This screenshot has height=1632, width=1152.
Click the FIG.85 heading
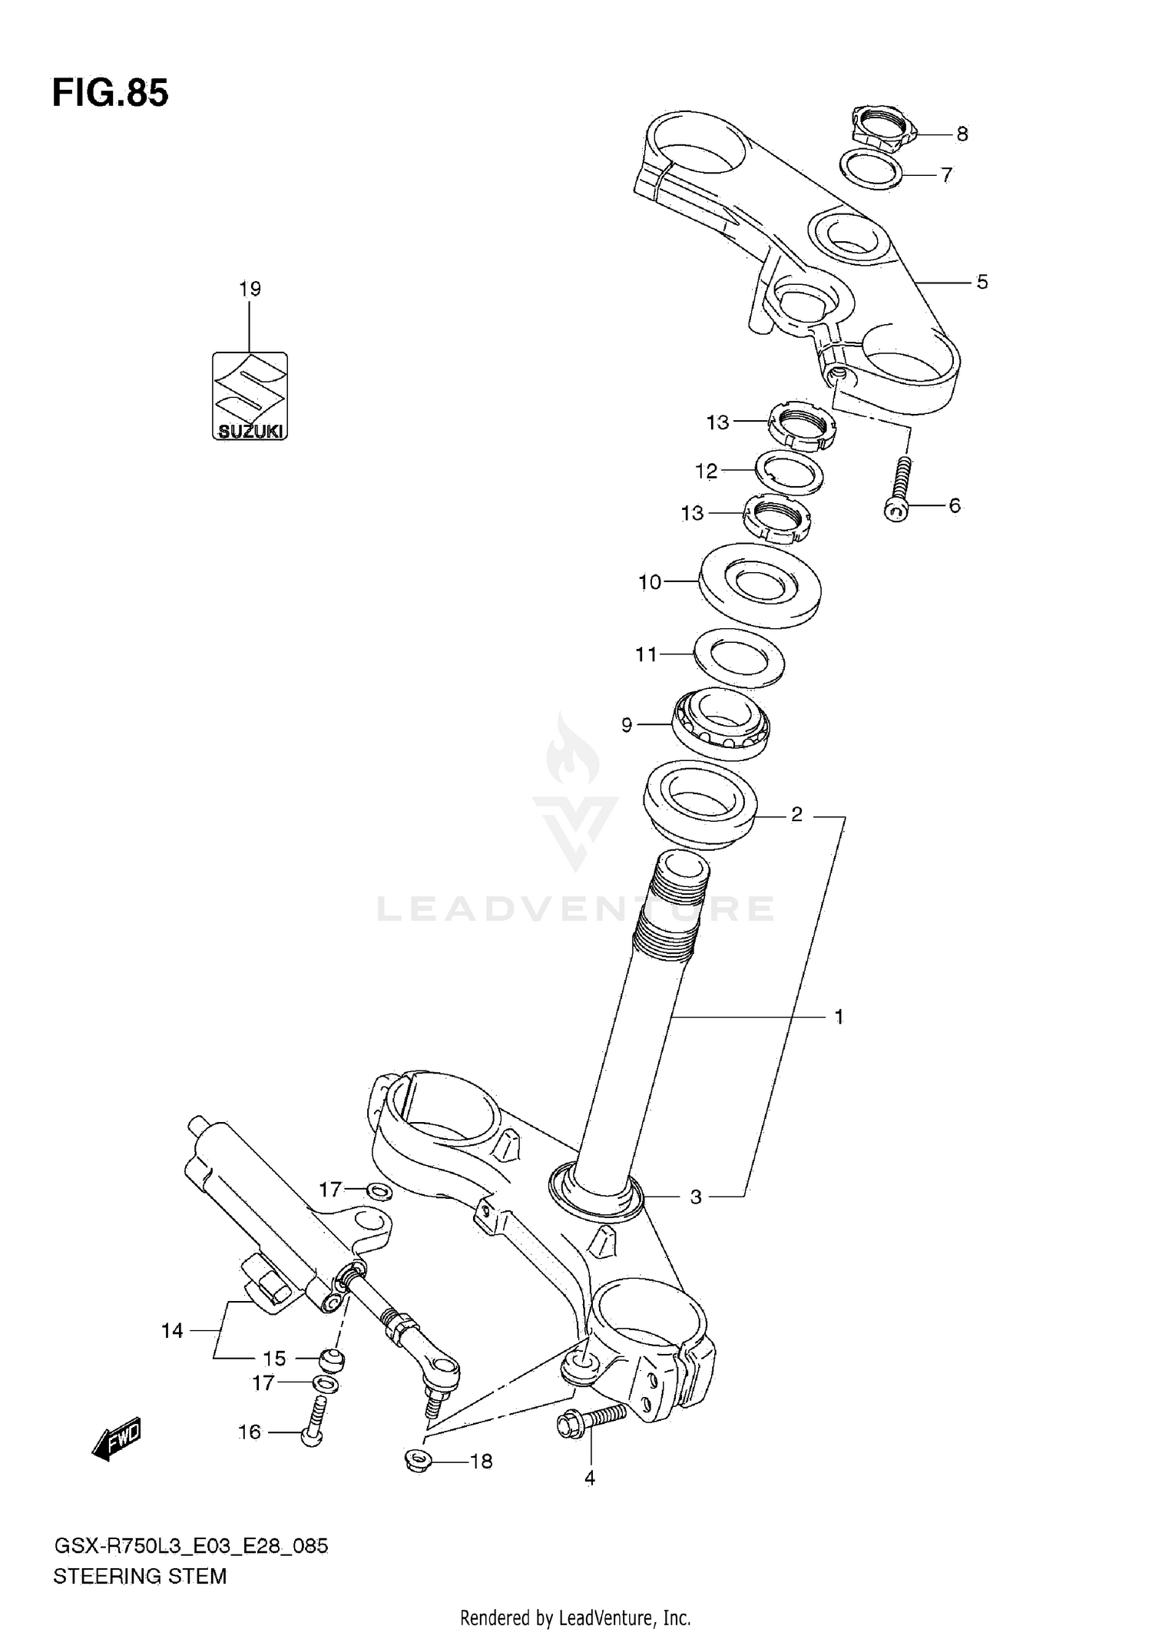point(110,94)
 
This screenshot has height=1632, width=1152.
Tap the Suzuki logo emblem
point(250,396)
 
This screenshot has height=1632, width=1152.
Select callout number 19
point(250,290)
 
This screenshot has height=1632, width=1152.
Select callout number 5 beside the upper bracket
point(982,283)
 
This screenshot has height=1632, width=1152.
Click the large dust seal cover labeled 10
point(760,584)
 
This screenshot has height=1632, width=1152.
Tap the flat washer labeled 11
point(739,657)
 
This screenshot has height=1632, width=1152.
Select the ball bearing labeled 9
point(720,722)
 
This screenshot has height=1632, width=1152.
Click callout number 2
point(796,814)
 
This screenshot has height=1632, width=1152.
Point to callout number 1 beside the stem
point(839,1017)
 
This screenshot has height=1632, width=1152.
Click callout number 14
point(172,1331)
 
